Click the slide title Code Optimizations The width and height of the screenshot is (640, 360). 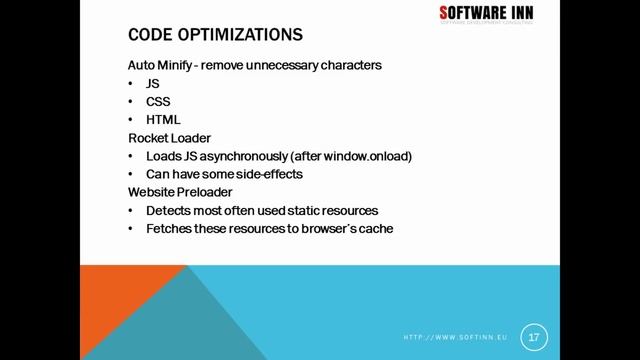(x=215, y=35)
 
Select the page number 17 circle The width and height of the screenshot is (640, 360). (x=533, y=336)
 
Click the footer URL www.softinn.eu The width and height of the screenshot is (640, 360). (x=456, y=337)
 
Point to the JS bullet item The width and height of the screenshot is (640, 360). (x=152, y=83)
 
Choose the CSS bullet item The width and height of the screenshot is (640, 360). (x=157, y=101)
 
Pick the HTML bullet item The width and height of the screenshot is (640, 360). (x=163, y=119)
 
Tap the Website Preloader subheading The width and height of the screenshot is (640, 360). (x=178, y=191)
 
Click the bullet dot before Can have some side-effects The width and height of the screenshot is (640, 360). (x=132, y=174)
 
